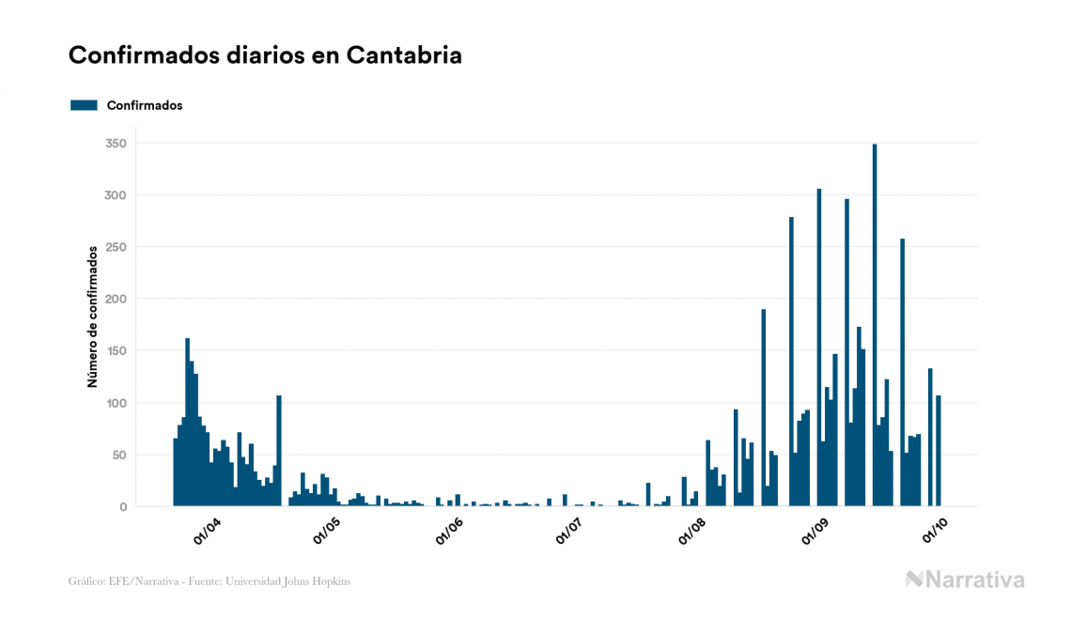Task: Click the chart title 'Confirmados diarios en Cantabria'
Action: pyautogui.click(x=265, y=54)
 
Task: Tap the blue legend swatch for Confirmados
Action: pyautogui.click(x=84, y=105)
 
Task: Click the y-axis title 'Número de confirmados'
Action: pyautogui.click(x=93, y=316)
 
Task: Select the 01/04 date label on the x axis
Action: pyautogui.click(x=208, y=533)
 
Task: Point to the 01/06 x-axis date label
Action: pyautogui.click(x=450, y=533)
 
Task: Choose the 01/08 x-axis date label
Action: pyautogui.click(x=692, y=533)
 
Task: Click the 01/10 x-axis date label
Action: pyautogui.click(x=935, y=533)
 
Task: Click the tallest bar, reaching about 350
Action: pyautogui.click(x=875, y=325)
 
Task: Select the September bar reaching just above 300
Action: pyautogui.click(x=819, y=347)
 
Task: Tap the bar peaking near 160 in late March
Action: pyautogui.click(x=188, y=423)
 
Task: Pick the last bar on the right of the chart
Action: pyautogui.click(x=939, y=451)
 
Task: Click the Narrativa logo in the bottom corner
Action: pyautogui.click(x=965, y=579)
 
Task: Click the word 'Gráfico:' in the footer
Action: pyautogui.click(x=86, y=581)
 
